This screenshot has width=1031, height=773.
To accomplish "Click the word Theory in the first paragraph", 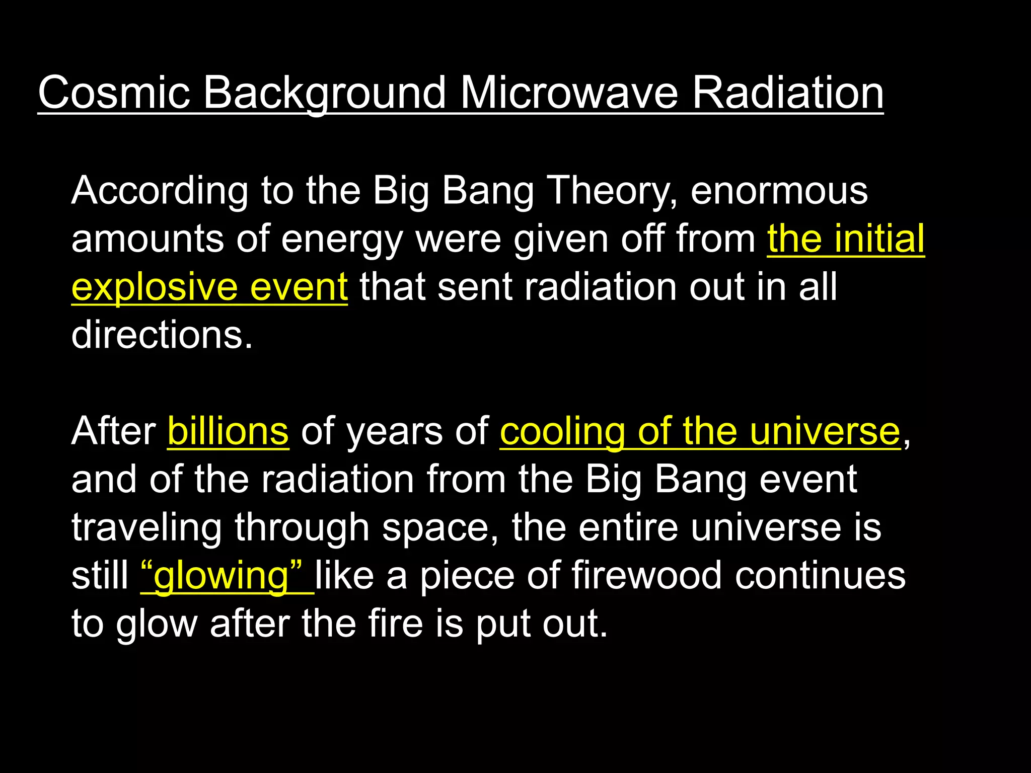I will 612,191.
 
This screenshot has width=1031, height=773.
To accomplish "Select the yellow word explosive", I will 154,287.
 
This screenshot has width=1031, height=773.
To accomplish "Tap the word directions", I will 162,335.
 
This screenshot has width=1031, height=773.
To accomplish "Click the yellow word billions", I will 228,431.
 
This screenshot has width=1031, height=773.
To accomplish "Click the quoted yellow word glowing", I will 222,576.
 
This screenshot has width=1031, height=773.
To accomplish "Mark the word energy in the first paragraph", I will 342,240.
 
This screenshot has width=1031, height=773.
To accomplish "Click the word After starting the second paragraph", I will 114,431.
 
